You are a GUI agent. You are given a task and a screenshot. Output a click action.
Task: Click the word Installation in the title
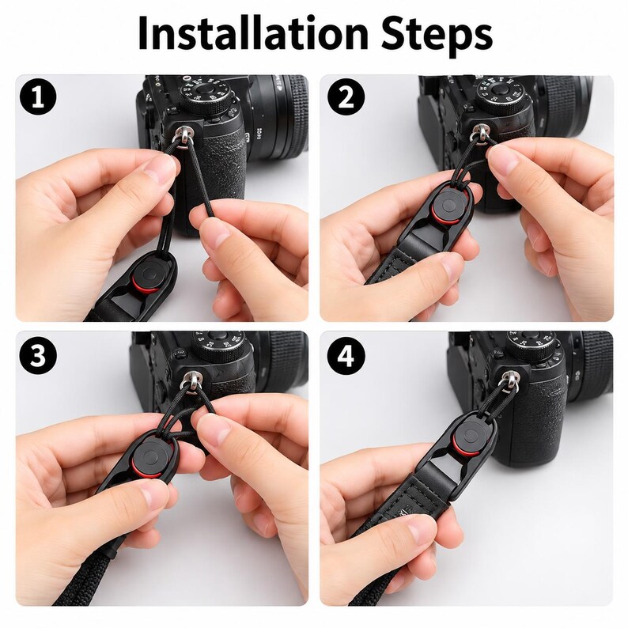pos(253,34)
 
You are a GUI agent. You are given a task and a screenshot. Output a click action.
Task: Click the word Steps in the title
pos(437,36)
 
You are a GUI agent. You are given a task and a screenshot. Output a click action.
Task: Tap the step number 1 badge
pos(37,97)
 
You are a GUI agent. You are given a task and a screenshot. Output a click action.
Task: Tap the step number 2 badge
pos(346,97)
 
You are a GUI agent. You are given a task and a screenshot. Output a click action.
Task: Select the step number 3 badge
pos(37,355)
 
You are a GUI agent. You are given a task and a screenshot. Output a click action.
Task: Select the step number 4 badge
pos(346,355)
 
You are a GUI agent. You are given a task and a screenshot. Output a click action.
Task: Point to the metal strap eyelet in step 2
pos(479,133)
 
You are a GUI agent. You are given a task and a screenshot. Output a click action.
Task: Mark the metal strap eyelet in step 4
pos(509,380)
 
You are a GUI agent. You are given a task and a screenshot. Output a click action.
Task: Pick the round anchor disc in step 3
pos(149,456)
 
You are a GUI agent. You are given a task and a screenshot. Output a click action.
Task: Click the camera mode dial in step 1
pos(206,95)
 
